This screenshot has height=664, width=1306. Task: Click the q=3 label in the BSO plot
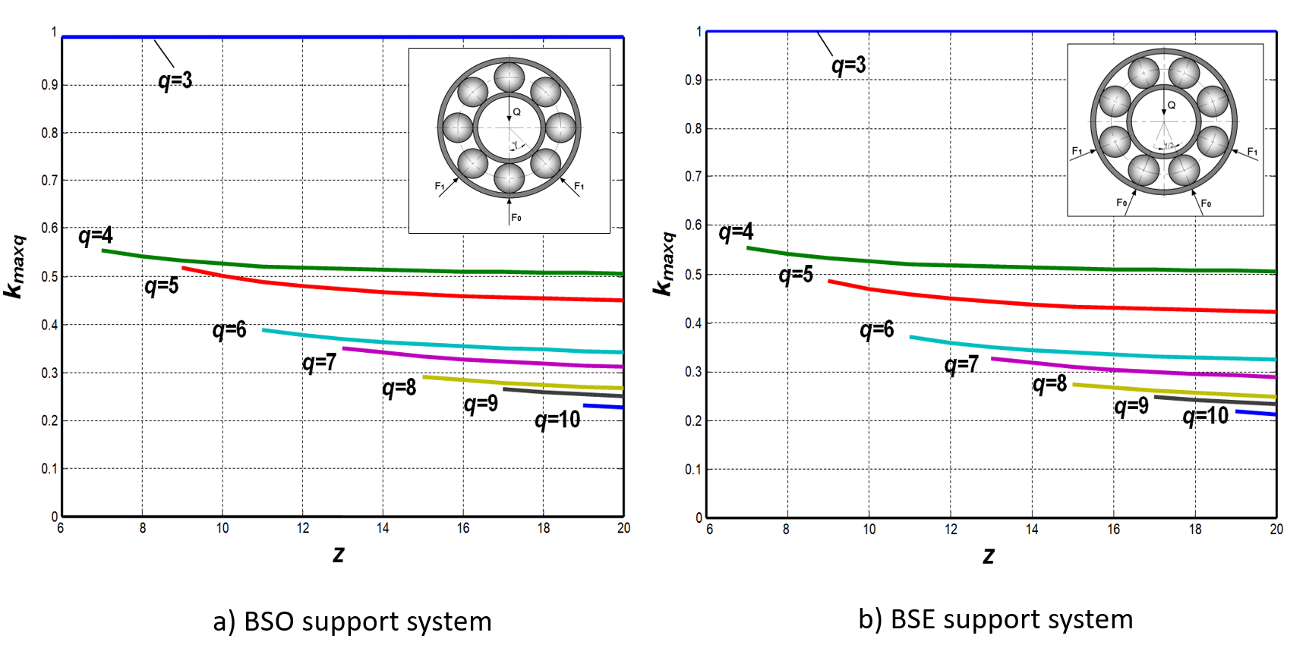(x=175, y=80)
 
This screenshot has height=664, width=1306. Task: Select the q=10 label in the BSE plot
(x=1206, y=416)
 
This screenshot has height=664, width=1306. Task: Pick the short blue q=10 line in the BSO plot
(x=604, y=407)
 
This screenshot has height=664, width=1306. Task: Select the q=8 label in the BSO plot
(x=399, y=389)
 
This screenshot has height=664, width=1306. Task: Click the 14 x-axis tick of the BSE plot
(x=1032, y=529)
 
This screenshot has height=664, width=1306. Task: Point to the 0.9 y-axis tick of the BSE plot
(x=693, y=80)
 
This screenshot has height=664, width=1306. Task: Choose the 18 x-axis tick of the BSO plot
(x=544, y=528)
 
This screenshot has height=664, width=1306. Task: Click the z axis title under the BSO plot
(x=339, y=555)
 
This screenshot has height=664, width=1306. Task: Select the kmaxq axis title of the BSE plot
(x=664, y=263)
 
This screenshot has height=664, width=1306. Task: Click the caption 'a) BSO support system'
(x=352, y=622)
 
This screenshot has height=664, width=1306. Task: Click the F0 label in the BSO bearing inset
(x=516, y=218)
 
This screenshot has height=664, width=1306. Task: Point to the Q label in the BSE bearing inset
(x=1171, y=105)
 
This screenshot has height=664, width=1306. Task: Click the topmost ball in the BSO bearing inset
(x=509, y=77)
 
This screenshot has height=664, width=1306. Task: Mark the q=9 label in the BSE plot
(x=1131, y=407)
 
